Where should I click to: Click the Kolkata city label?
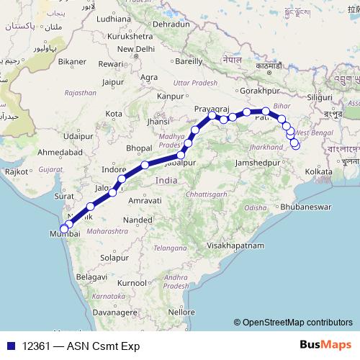(318, 172)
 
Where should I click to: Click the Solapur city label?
(114, 257)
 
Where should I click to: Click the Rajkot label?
(16, 172)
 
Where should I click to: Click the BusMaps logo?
(325, 346)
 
